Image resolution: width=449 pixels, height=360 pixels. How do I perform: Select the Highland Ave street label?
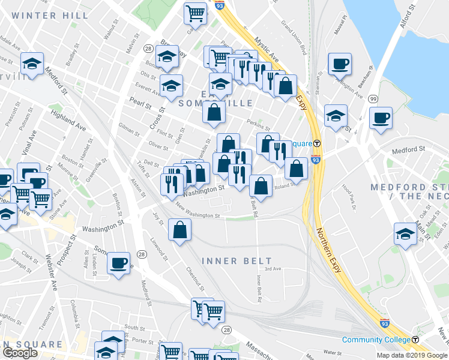[69, 120]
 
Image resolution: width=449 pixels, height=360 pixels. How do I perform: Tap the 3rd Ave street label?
[273, 269]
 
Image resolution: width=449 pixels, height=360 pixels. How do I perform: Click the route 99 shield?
[373, 99]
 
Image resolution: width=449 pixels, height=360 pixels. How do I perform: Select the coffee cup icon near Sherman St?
[340, 64]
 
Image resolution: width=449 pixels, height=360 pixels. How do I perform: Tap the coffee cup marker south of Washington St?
[119, 262]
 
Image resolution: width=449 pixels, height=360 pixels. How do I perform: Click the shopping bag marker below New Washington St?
[180, 229]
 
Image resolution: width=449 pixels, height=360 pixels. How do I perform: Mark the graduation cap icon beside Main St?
[405, 233]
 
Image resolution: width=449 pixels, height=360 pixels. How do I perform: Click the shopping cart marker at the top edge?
[195, 12]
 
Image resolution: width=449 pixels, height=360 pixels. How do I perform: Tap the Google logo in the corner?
[20, 353]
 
